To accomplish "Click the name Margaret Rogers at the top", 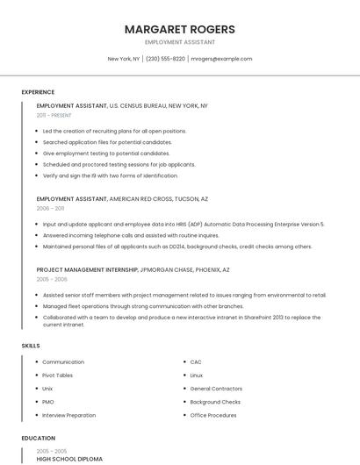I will pos(180,29).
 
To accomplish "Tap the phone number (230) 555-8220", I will pos(165,59).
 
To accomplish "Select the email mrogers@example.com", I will pos(221,59).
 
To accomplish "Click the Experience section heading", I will pos(38,92).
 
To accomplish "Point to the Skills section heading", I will pos(31,346).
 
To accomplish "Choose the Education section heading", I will pos(38,438).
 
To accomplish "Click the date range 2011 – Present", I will pos(54,115).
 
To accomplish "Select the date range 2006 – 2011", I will pos(50,209).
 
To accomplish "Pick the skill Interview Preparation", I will pos(68,415).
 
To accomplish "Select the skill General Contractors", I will pos(216,389).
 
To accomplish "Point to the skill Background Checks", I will pos(216,402).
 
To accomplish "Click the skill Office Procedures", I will pos(213,415).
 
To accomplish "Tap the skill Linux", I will pos(197,376).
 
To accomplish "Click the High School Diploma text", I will pos(69,459).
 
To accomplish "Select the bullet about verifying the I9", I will pos(110,175).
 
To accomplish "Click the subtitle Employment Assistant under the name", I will pos(180,42).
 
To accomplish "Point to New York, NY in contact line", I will pos(124,59).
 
